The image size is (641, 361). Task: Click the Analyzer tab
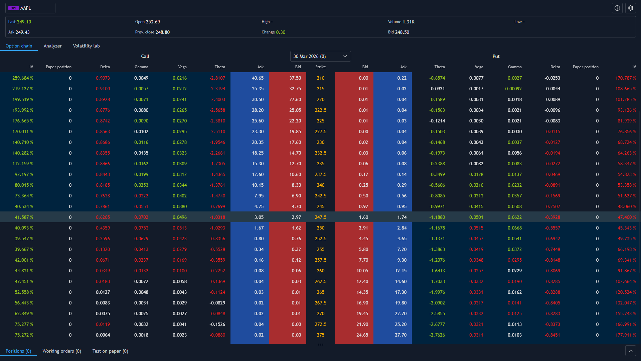tap(52, 46)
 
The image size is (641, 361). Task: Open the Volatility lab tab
tap(86, 46)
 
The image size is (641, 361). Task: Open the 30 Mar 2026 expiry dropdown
tap(320, 56)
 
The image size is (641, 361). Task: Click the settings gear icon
tap(630, 8)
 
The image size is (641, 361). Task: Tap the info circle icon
tap(617, 8)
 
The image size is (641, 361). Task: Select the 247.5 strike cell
tap(320, 217)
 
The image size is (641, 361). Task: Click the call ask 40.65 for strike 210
tap(258, 78)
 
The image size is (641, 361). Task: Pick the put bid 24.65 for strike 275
tap(362, 335)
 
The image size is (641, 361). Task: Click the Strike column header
tap(320, 67)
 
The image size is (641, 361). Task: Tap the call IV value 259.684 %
tap(23, 78)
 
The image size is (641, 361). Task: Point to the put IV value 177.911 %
tap(625, 335)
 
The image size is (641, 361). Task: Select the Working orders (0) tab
tap(62, 351)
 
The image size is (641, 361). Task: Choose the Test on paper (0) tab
tap(110, 351)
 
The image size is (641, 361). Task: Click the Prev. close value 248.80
tap(162, 32)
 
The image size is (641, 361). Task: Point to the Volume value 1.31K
tap(408, 22)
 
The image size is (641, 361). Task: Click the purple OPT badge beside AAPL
tap(14, 8)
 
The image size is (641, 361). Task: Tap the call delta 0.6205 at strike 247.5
tap(103, 217)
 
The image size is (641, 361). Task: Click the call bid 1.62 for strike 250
tap(296, 228)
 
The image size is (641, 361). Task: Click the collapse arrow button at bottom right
tap(630, 351)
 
